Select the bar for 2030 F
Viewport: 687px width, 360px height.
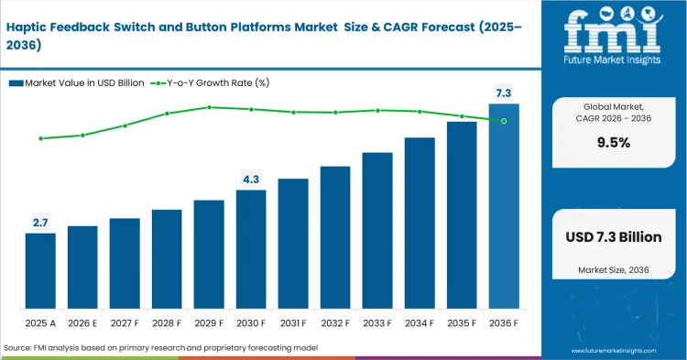point(251,249)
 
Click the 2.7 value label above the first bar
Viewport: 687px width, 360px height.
point(40,223)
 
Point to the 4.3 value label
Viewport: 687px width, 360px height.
point(251,179)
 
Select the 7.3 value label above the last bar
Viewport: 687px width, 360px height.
point(504,93)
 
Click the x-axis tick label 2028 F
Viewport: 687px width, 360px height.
point(167,323)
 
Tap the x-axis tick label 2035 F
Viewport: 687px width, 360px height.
point(462,323)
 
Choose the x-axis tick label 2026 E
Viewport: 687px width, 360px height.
point(82,323)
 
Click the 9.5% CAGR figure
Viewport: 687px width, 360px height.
point(614,143)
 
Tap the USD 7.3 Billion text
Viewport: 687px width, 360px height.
point(614,237)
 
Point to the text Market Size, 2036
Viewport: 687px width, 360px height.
point(614,269)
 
